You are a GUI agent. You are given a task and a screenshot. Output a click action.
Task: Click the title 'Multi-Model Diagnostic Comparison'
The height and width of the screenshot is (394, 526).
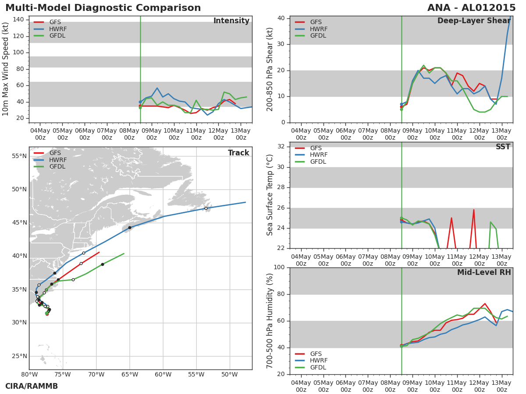tap(103, 8)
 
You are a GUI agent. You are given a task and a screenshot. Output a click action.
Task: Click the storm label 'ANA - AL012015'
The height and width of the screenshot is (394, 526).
tap(471, 8)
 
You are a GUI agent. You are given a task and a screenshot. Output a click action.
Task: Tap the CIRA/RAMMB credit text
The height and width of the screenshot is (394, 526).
tap(32, 386)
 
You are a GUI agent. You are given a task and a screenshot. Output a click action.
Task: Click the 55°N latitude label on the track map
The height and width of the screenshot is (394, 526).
tap(19, 156)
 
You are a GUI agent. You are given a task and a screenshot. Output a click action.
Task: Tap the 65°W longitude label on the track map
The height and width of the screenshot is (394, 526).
tap(130, 375)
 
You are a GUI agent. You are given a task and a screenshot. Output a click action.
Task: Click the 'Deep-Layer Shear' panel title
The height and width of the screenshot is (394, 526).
tap(474, 21)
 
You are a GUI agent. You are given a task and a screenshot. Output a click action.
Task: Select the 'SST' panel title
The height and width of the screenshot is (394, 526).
tap(503, 147)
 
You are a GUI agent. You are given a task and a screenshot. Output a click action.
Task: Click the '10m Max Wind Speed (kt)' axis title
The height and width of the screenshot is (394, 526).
tap(5, 69)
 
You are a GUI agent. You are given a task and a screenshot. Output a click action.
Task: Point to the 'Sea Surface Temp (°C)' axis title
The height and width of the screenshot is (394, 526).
tap(270, 195)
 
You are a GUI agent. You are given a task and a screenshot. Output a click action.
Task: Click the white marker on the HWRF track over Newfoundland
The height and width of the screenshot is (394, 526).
tap(206, 208)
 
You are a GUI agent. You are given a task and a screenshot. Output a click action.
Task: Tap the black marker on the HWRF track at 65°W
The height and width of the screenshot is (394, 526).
tap(130, 228)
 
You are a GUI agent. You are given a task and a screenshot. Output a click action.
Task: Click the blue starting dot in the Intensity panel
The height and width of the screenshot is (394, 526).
tap(140, 102)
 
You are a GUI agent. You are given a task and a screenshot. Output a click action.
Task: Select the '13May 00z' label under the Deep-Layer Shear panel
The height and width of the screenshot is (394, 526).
tap(501, 134)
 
